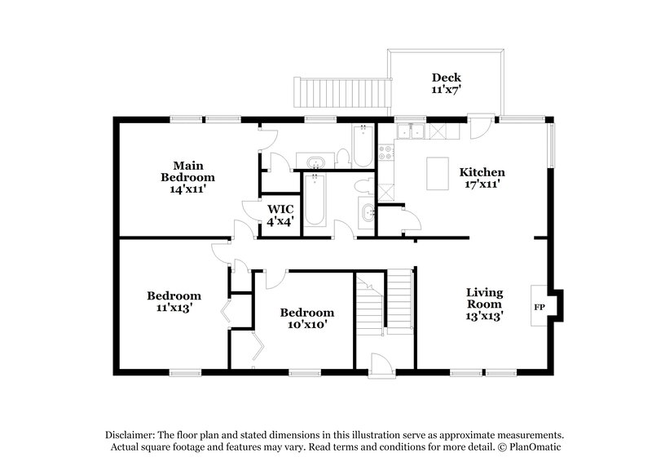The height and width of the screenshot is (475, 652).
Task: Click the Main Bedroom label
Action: coord(187,176)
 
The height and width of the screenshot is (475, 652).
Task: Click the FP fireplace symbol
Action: coord(540,307)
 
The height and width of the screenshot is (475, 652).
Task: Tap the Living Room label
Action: coord(484,303)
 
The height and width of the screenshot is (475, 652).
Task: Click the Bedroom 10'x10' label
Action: coord(307,318)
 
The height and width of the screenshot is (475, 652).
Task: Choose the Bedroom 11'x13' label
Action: coord(174,301)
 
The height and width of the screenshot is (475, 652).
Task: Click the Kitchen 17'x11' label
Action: coord(482,178)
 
